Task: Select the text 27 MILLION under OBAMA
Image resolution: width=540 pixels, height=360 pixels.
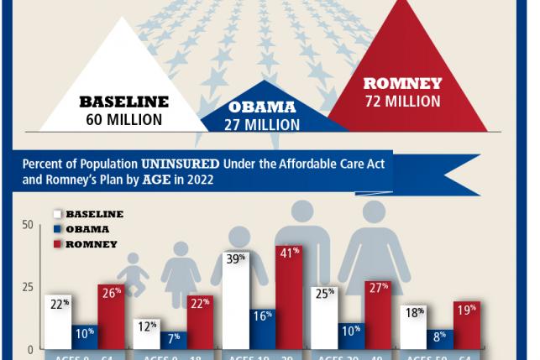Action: [x=262, y=124]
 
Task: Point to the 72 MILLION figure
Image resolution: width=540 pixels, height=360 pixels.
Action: [x=402, y=102]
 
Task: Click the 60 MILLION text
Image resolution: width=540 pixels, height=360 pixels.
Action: [x=124, y=119]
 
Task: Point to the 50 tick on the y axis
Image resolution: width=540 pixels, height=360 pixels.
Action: [x=28, y=225]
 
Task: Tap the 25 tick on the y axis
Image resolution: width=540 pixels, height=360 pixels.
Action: [x=28, y=287]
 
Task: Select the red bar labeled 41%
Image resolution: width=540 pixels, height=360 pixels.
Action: [x=289, y=297]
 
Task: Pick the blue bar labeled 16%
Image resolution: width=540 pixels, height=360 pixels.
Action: [x=263, y=328]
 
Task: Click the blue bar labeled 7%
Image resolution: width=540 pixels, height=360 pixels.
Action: [x=174, y=340]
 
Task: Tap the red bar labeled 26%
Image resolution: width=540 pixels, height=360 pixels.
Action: [x=111, y=316]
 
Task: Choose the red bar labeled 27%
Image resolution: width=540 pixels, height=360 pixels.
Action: [x=377, y=315]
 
